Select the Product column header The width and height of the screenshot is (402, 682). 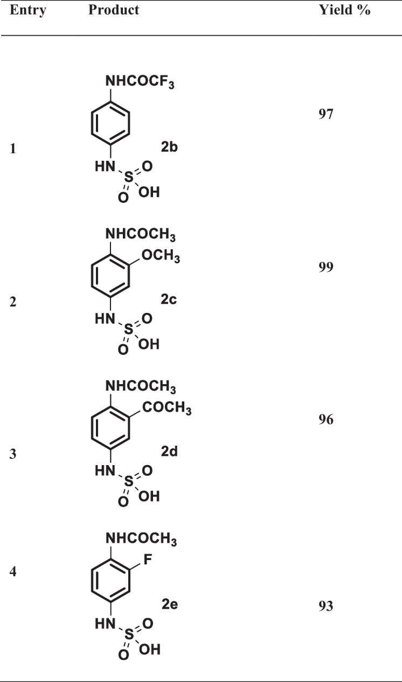[114, 10]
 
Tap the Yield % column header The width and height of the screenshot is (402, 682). [345, 10]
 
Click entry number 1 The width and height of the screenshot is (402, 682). [12, 150]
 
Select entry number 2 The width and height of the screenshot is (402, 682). [13, 302]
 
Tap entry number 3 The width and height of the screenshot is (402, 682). [13, 454]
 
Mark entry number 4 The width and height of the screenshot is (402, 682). [13, 571]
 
